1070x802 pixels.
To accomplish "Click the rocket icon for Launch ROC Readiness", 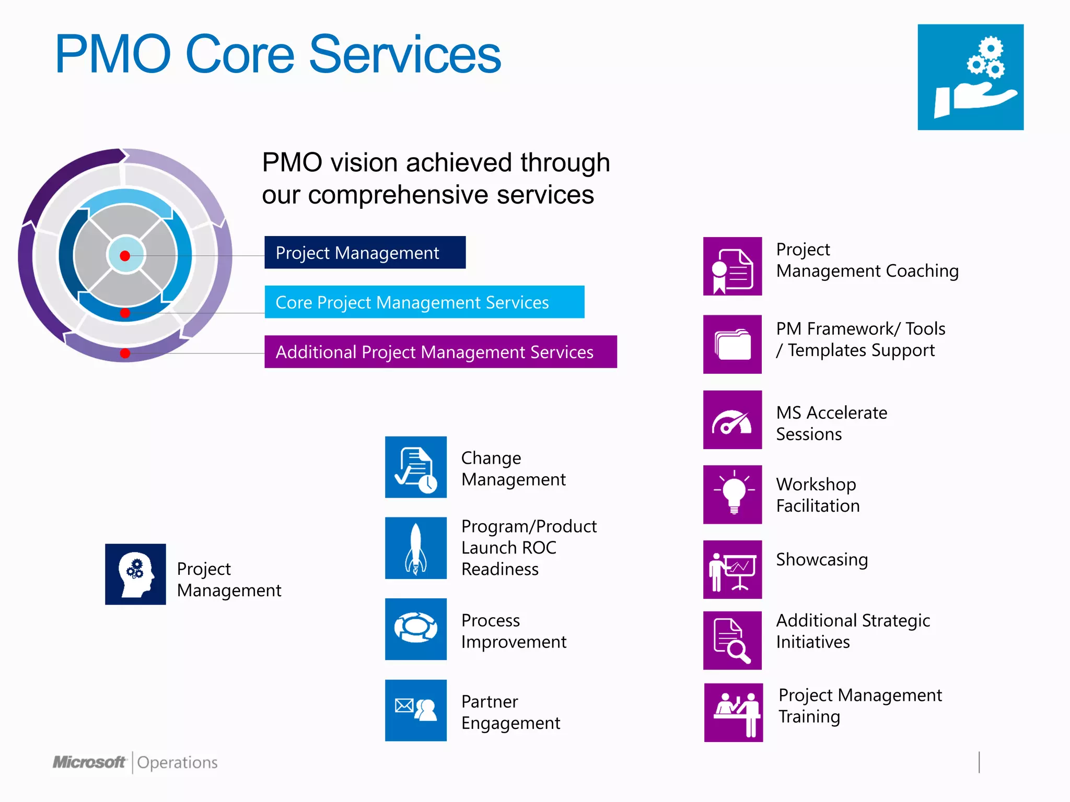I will (416, 548).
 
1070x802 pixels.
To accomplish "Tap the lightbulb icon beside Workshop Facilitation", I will (732, 494).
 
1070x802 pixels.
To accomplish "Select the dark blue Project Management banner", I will (365, 253).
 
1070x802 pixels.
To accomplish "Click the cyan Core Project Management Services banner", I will (424, 302).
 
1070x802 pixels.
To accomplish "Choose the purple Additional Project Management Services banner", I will (440, 352).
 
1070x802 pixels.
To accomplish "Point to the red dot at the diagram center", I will (125, 256).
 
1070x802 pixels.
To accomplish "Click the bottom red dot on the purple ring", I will (125, 353).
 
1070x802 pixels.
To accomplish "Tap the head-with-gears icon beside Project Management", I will (135, 574).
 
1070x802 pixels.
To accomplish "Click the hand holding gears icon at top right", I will (970, 77).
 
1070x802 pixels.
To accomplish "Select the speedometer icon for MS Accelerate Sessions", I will (732, 420).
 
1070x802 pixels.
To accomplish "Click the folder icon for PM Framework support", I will (732, 345).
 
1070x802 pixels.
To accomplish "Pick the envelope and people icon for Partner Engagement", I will (416, 710).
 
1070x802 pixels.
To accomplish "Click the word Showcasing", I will (821, 560).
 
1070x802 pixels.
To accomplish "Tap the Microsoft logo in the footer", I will (89, 762).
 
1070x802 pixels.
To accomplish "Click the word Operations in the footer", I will (177, 763).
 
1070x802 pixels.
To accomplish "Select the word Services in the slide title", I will (405, 54).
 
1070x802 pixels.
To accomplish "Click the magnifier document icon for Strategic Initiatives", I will (732, 641).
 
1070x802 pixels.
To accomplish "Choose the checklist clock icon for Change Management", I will (416, 467).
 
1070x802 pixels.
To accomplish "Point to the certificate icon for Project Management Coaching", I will (732, 266).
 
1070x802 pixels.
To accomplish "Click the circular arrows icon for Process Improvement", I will (416, 629).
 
